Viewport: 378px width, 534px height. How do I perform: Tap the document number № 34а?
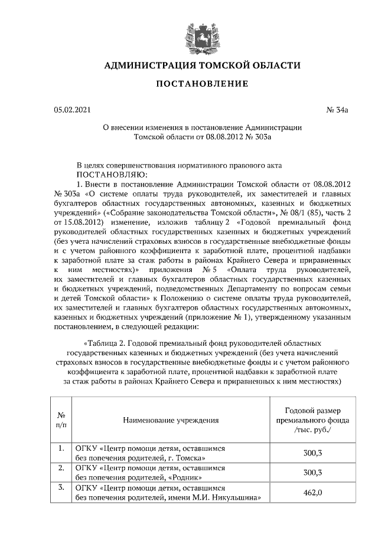337,110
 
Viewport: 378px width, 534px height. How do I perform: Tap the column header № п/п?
61,420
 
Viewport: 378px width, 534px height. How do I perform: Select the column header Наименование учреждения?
171,420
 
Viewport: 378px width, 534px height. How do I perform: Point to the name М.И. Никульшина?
227,497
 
